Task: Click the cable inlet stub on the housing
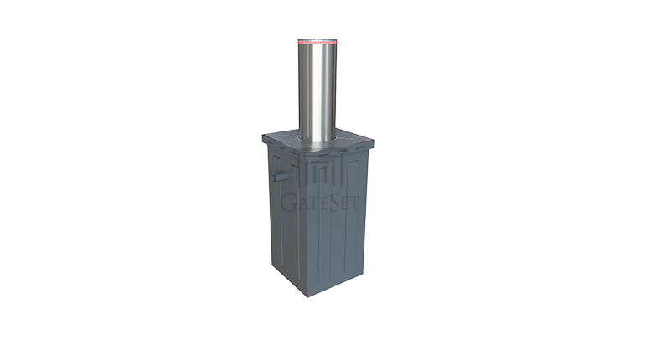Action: (276, 177)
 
